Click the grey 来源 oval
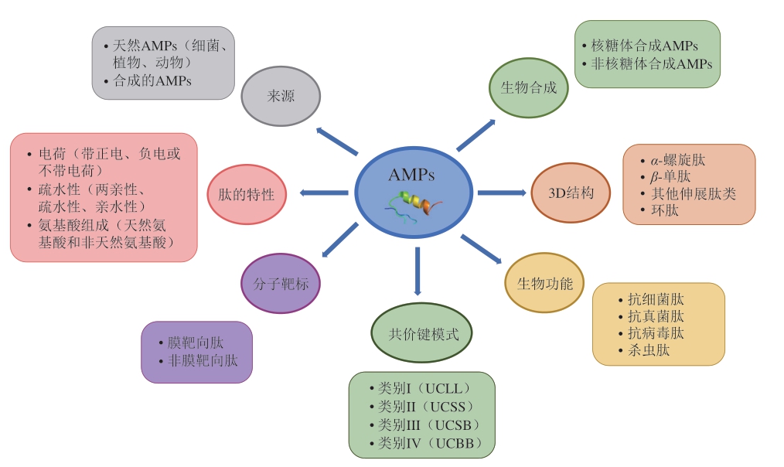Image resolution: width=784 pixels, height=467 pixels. (x=281, y=97)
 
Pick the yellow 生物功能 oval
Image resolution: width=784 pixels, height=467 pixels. (x=544, y=284)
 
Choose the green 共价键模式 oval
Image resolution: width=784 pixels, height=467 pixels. (x=421, y=334)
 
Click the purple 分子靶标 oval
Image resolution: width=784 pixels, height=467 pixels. (x=281, y=284)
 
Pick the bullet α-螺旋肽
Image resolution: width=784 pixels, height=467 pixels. (x=673, y=160)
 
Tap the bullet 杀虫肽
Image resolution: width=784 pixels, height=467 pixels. (x=648, y=350)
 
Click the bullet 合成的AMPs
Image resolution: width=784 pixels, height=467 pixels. (x=152, y=80)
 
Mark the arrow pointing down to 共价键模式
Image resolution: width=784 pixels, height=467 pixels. (x=418, y=271)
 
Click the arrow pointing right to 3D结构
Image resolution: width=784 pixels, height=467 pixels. (x=502, y=192)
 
